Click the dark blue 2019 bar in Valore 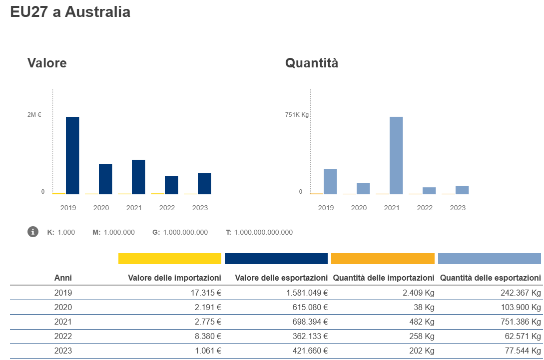pyautogui.click(x=72, y=155)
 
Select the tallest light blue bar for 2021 pyautogui.click(x=396, y=155)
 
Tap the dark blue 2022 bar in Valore pyautogui.click(x=171, y=185)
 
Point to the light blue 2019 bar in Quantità pyautogui.click(x=330, y=181)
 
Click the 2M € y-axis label pyautogui.click(x=34, y=115)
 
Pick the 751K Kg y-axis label pyautogui.click(x=297, y=115)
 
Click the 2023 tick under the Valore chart pyautogui.click(x=200, y=208)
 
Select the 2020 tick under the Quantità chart pyautogui.click(x=359, y=208)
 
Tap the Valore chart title pyautogui.click(x=47, y=63)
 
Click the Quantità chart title pyautogui.click(x=311, y=63)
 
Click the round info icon pyautogui.click(x=33, y=232)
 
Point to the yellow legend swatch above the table pyautogui.click(x=169, y=258)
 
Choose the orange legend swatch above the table pyautogui.click(x=383, y=258)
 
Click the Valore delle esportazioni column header pyautogui.click(x=281, y=278)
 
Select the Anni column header pyautogui.click(x=63, y=278)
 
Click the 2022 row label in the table pyautogui.click(x=63, y=336)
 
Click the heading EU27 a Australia pyautogui.click(x=70, y=12)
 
